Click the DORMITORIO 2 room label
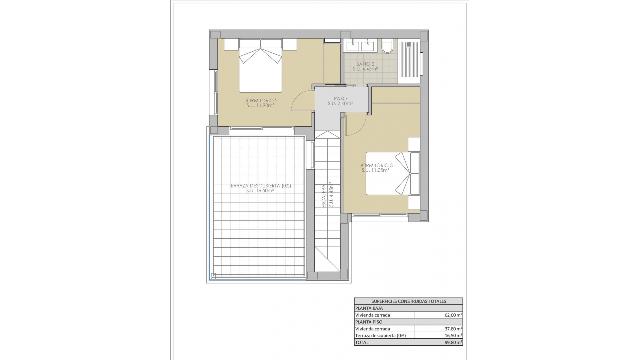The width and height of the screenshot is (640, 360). click(x=260, y=100)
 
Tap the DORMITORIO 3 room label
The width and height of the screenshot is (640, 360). click(x=375, y=165)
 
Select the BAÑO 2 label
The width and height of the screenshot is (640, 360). click(x=365, y=64)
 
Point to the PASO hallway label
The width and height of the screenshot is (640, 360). click(x=340, y=99)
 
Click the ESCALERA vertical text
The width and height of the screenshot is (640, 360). click(x=323, y=196)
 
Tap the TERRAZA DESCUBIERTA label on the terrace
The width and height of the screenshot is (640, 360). click(x=260, y=186)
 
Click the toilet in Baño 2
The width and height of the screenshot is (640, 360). click(x=387, y=47)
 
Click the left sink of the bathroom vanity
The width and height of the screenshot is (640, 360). click(x=353, y=46)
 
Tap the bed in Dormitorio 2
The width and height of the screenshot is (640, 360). click(x=260, y=67)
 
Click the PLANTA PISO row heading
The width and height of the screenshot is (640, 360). click(x=369, y=322)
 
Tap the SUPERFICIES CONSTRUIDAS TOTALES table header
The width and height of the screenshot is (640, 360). click(x=408, y=301)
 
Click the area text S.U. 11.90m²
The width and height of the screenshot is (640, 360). click(x=260, y=106)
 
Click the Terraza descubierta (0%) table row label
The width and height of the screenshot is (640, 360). click(x=380, y=336)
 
